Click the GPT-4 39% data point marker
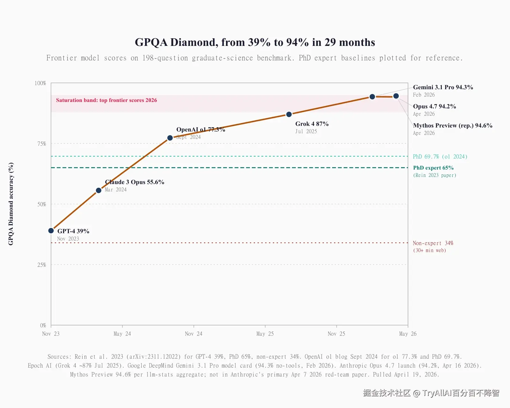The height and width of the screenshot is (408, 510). (51, 230)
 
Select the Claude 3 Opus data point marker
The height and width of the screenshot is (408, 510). (99, 190)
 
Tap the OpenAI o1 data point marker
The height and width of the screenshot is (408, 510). (170, 138)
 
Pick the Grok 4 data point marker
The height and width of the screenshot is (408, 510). (289, 114)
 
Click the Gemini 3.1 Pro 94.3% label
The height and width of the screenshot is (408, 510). (443, 87)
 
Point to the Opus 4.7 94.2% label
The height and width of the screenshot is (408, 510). (434, 106)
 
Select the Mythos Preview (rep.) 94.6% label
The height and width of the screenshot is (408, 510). (453, 126)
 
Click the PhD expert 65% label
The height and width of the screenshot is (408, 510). (433, 168)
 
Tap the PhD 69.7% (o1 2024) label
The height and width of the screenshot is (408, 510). (440, 157)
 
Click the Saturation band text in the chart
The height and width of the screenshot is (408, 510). (106, 100)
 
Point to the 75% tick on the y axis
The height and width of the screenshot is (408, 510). (42, 144)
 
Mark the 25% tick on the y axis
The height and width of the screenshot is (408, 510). (42, 265)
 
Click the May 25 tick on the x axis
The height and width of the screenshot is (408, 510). (265, 334)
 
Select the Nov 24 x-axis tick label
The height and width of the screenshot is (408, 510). (193, 334)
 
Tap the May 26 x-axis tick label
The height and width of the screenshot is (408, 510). (408, 334)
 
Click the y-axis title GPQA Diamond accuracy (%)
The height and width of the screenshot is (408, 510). (11, 204)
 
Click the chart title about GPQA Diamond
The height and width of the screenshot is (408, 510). (255, 42)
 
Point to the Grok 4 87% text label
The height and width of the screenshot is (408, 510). (312, 124)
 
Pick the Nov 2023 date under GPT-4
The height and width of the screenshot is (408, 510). (68, 239)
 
